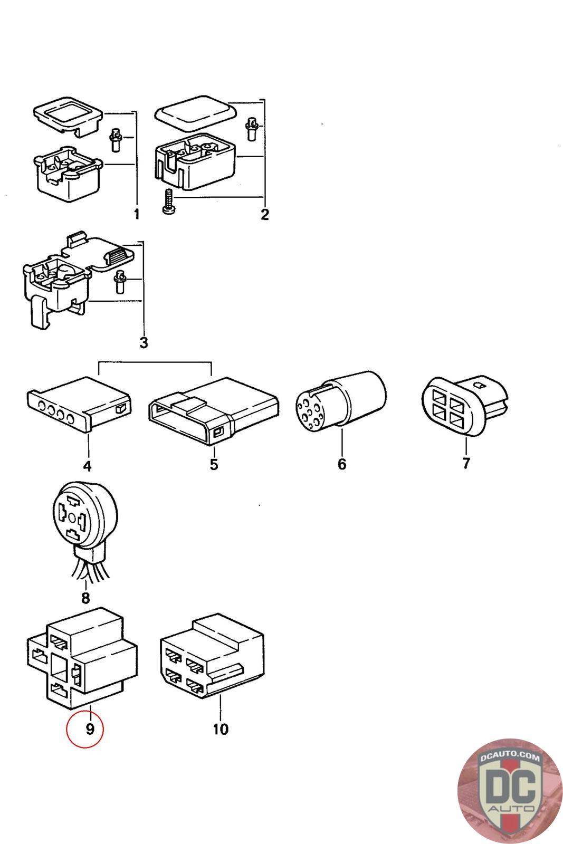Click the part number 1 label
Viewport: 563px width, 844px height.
137,214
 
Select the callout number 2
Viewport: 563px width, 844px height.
265,214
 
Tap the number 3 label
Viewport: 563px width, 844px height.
144,342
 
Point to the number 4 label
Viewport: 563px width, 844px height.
87,466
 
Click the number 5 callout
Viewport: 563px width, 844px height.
214,464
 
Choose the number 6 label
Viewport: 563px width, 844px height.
342,464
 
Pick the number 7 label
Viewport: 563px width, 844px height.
466,463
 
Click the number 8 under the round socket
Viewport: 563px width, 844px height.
85,598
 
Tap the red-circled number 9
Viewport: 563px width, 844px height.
90,729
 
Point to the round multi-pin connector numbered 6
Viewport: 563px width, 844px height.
341,401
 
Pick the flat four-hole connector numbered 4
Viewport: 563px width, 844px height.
79,404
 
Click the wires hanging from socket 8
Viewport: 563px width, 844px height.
90,569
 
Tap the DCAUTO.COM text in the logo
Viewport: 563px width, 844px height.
510,756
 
